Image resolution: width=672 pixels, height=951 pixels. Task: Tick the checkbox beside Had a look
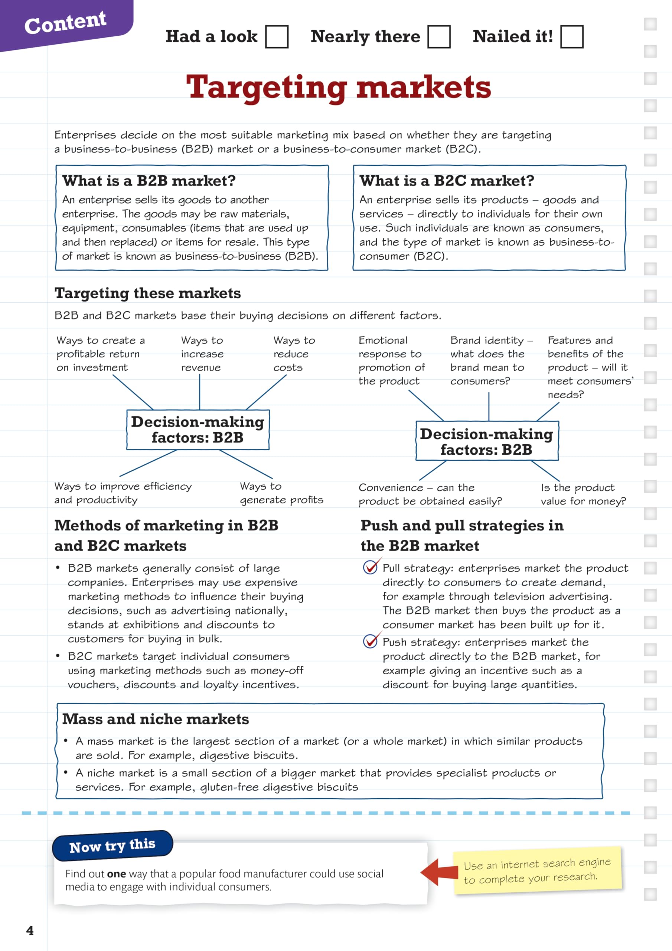tap(277, 37)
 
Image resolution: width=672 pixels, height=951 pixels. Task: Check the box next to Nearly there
tap(438, 37)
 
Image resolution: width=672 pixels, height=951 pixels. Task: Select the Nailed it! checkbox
tap(572, 37)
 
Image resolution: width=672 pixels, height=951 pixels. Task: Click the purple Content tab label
tap(65, 23)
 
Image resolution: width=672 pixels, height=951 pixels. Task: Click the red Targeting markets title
tap(338, 87)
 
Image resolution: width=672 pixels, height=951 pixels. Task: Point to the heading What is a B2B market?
tap(149, 181)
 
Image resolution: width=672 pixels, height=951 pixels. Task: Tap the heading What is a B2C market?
tap(447, 181)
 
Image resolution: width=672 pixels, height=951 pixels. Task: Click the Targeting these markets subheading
tap(147, 293)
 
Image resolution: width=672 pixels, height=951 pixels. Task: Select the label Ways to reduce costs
tap(294, 354)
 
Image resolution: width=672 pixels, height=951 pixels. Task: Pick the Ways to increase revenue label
tap(202, 354)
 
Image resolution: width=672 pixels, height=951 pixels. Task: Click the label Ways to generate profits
tap(281, 493)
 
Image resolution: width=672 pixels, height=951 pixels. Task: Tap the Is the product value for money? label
tap(583, 494)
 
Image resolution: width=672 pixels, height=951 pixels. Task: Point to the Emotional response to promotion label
tap(391, 360)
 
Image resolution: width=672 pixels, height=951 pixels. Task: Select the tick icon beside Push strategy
tap(371, 641)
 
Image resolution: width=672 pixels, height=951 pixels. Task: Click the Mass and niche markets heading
tap(156, 719)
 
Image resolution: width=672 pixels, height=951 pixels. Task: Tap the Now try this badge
tap(112, 846)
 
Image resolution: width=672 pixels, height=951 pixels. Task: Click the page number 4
tap(30, 930)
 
